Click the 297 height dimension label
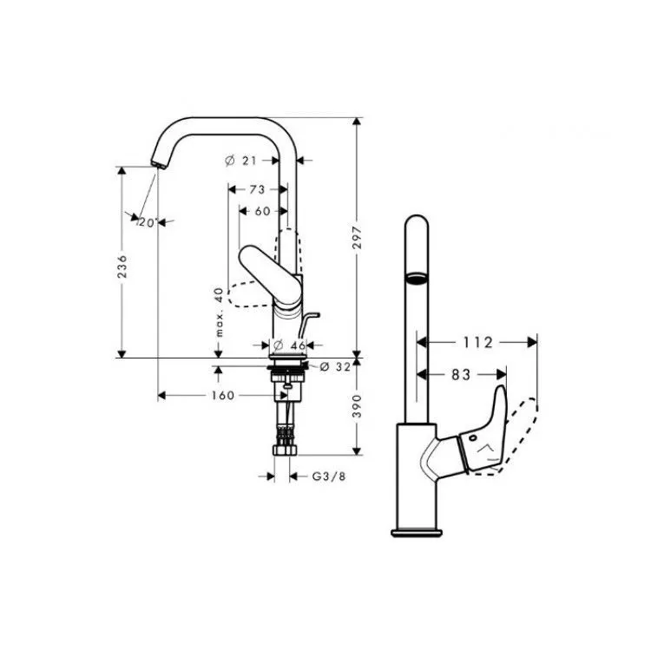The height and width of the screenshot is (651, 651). pyautogui.click(x=357, y=238)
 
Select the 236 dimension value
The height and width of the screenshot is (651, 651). pyautogui.click(x=122, y=266)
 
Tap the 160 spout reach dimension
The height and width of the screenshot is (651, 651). pyautogui.click(x=223, y=395)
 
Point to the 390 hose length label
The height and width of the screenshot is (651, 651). pyautogui.click(x=357, y=406)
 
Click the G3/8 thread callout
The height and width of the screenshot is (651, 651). pyautogui.click(x=329, y=477)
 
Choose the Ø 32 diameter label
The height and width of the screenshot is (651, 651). pyautogui.click(x=335, y=366)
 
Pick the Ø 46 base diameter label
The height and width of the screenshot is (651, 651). pyautogui.click(x=290, y=345)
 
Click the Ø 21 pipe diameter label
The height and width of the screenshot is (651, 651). pyautogui.click(x=241, y=161)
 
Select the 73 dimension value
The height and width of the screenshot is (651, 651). pyautogui.click(x=257, y=189)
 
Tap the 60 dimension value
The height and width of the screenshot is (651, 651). pyautogui.click(x=262, y=211)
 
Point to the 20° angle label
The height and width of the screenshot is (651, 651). pyautogui.click(x=147, y=222)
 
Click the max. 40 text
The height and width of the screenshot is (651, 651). pyautogui.click(x=219, y=312)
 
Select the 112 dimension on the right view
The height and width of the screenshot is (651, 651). pyautogui.click(x=477, y=343)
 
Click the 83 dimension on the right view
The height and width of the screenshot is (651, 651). pyautogui.click(x=461, y=375)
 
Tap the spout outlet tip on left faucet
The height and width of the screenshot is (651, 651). pyautogui.click(x=159, y=165)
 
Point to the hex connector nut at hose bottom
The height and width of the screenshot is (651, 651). pyautogui.click(x=286, y=450)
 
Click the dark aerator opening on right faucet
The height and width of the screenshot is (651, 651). pyautogui.click(x=416, y=278)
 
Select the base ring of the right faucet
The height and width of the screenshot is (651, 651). pyautogui.click(x=417, y=533)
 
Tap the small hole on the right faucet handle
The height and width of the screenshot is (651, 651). pyautogui.click(x=473, y=438)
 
